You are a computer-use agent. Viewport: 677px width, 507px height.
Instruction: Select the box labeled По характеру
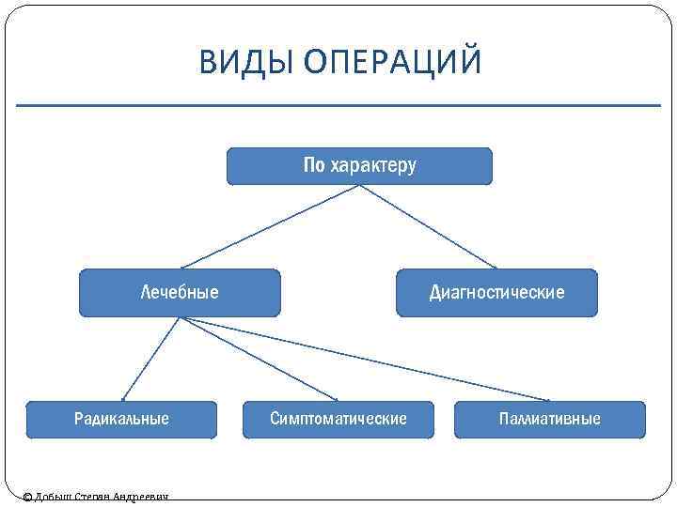tap(359, 166)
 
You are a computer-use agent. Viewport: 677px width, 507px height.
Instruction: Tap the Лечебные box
tap(180, 292)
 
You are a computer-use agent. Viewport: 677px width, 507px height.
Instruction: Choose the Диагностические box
tap(496, 292)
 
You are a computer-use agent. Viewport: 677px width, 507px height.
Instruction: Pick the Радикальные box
tap(121, 419)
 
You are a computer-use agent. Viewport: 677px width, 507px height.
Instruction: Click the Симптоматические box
tap(338, 419)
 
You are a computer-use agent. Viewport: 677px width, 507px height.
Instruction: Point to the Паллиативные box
tap(550, 419)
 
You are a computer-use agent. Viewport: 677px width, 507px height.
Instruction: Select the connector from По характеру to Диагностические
tap(428, 226)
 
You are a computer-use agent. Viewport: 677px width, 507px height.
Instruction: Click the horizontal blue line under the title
tap(338, 105)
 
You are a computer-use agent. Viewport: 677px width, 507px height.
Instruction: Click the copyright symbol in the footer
tap(27, 497)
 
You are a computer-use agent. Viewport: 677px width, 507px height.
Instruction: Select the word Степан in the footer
tap(92, 497)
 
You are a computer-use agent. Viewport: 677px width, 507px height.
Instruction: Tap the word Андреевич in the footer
tap(141, 497)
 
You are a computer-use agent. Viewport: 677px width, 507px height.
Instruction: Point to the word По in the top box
tap(313, 166)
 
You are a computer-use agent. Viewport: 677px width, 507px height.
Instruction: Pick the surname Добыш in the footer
tap(53, 497)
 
